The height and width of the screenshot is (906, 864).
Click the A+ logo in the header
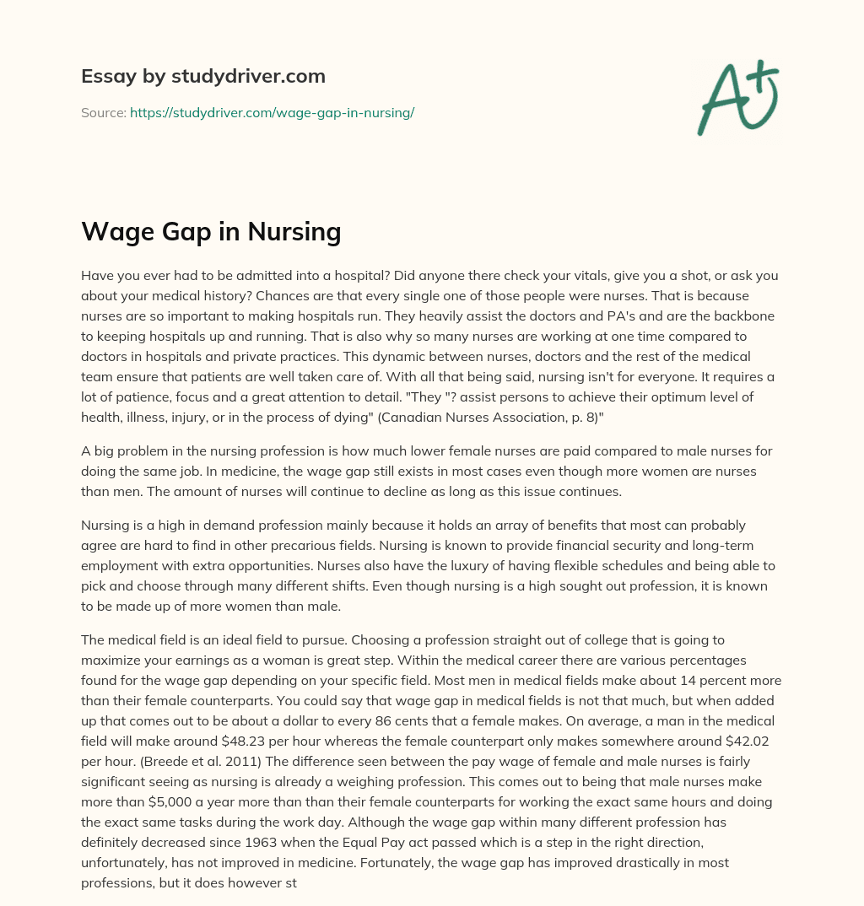pyautogui.click(x=737, y=96)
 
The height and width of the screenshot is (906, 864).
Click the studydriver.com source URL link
pyautogui.click(x=272, y=112)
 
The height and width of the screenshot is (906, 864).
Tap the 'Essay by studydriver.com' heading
pyautogui.click(x=202, y=76)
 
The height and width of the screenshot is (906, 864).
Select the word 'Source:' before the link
pyautogui.click(x=103, y=112)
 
